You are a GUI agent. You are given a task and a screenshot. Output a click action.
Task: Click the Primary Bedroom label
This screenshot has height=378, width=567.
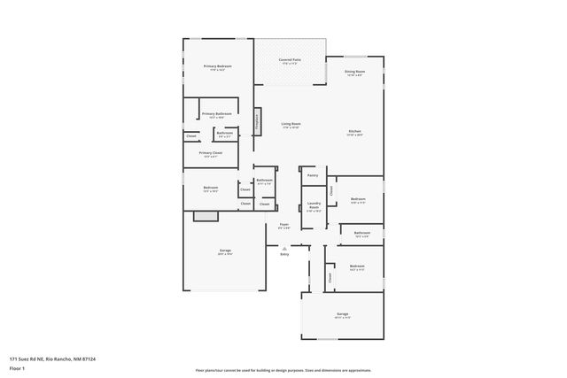217,66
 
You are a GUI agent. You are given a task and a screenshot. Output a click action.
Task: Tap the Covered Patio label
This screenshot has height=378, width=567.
291,60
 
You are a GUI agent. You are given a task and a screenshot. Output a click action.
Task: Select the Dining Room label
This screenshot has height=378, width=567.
354,72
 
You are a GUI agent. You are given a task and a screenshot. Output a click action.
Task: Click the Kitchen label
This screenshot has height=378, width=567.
354,132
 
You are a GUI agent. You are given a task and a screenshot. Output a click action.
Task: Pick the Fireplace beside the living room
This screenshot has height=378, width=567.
258,121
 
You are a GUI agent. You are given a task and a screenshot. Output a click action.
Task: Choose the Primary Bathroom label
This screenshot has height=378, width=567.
217,114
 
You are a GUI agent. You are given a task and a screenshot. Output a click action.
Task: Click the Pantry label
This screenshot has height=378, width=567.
313,175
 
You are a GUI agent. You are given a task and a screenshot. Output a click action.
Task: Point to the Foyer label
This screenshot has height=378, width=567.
284,225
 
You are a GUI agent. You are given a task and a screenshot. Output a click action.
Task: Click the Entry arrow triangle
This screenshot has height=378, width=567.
284,249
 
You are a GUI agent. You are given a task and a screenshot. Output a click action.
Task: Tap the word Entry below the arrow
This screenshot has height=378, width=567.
284,255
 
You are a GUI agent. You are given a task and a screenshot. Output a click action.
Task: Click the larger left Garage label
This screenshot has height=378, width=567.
226,251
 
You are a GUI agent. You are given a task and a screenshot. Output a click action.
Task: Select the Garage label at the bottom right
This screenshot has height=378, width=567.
342,314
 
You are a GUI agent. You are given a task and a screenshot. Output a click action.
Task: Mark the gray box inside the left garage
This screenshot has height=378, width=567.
206,215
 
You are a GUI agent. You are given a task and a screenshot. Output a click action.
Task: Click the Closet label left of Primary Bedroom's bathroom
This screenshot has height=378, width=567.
191,136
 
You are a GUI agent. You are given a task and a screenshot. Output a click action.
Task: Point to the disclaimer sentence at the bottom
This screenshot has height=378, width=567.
283,369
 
